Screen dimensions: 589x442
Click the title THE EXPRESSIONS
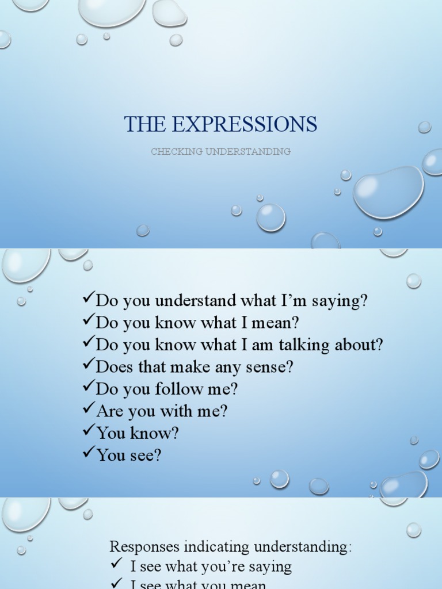220,124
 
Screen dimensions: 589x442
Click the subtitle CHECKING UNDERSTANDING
220,152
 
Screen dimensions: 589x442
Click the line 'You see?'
129,456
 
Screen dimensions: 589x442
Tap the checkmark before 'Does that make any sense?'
89,364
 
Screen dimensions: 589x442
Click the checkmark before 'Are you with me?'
89,408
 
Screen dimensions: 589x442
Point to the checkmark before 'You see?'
89,453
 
